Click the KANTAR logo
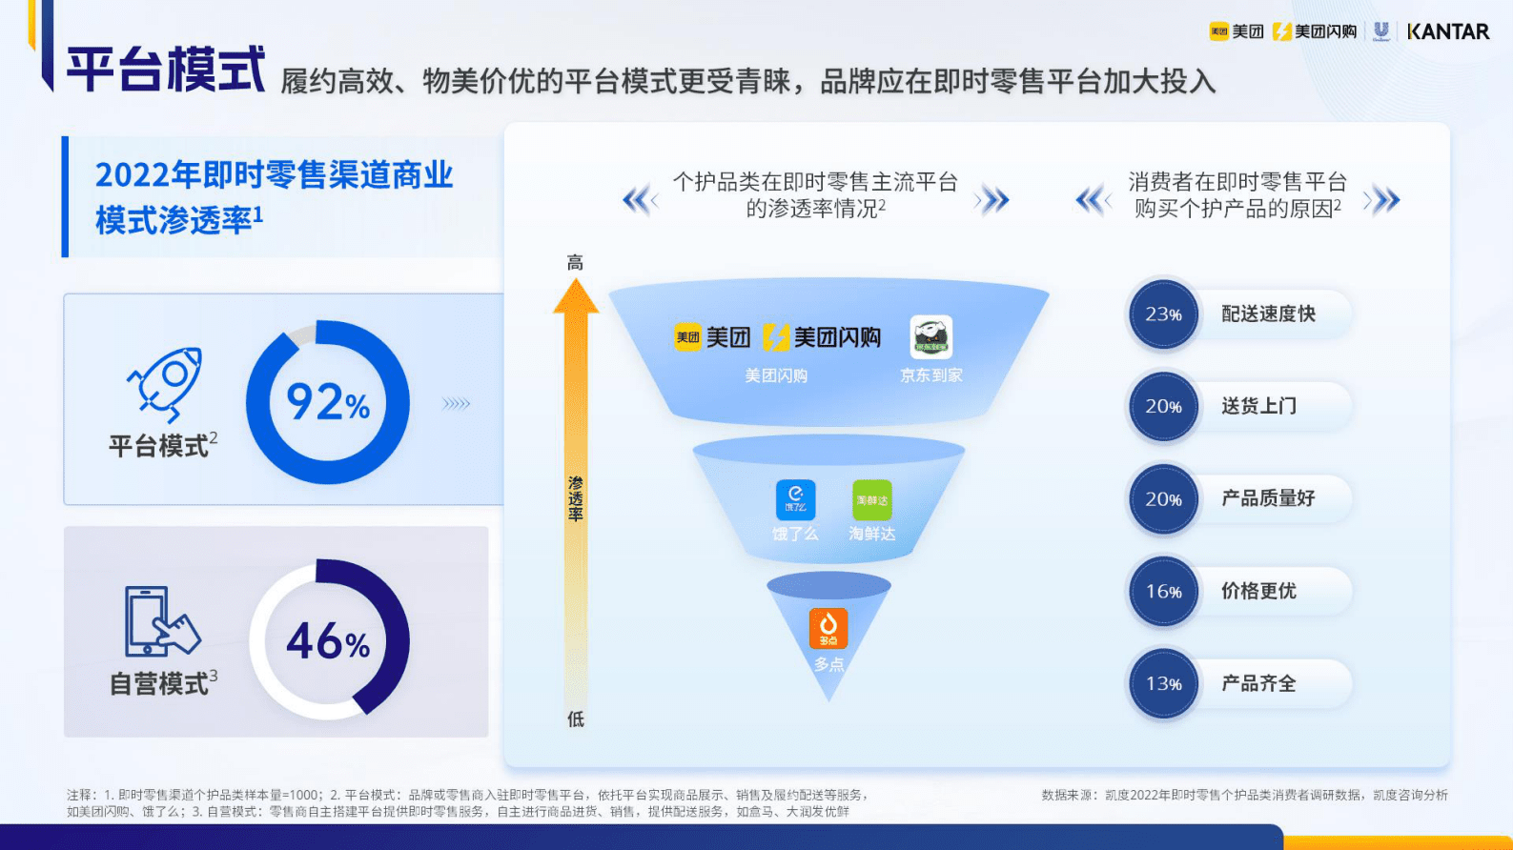(1447, 31)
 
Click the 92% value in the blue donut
(328, 402)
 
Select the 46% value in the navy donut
(328, 641)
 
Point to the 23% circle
(1163, 314)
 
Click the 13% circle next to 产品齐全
(1163, 683)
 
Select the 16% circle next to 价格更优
(1163, 591)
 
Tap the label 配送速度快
(1268, 314)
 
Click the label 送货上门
(1258, 406)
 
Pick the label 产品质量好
(1268, 498)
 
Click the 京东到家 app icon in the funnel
(930, 337)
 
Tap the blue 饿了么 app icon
(795, 499)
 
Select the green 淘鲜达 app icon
(871, 499)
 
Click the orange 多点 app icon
(828, 628)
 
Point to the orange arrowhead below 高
(576, 296)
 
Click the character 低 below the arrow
(576, 719)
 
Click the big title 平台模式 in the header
(166, 70)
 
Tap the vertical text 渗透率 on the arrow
(576, 499)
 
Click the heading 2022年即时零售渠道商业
(274, 175)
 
